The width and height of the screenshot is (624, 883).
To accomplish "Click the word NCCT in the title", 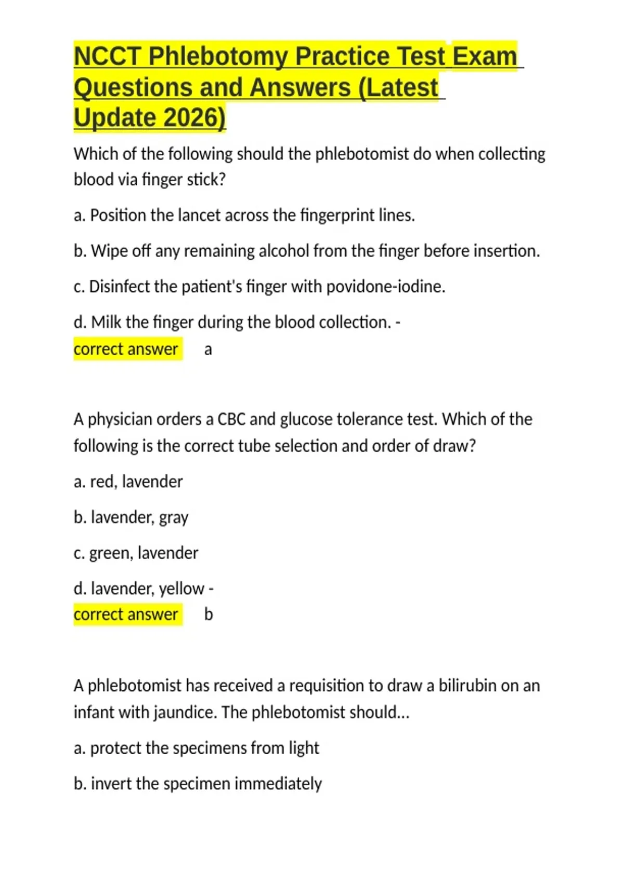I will click(x=108, y=56).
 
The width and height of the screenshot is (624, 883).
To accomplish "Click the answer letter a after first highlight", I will click(x=208, y=350).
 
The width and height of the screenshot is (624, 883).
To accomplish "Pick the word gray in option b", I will click(x=174, y=518).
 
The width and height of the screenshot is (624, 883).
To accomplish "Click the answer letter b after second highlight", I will click(x=209, y=614).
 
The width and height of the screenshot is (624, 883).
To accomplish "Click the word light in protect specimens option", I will click(x=304, y=748).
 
